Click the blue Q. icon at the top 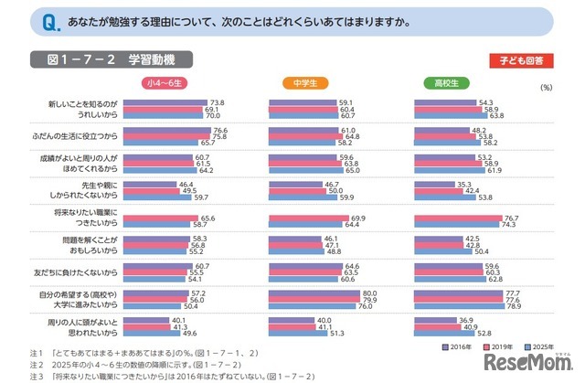[26, 20]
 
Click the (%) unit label [547, 88]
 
